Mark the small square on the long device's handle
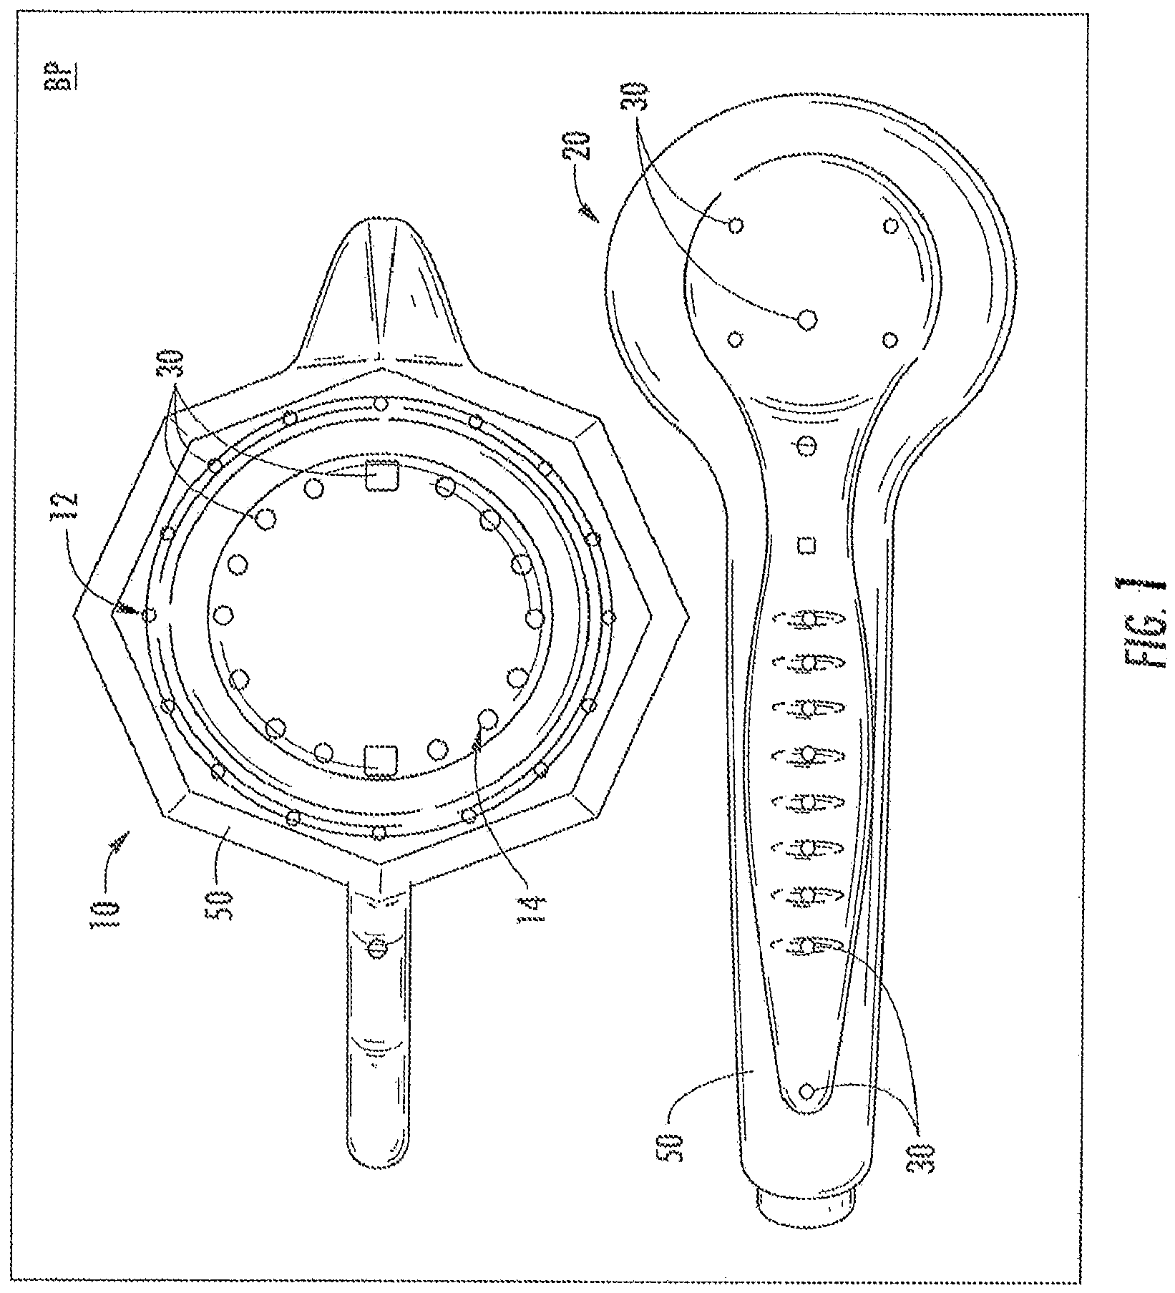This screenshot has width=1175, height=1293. (807, 545)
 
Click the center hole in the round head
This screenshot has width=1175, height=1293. (807, 319)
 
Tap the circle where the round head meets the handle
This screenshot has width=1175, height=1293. (806, 447)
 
